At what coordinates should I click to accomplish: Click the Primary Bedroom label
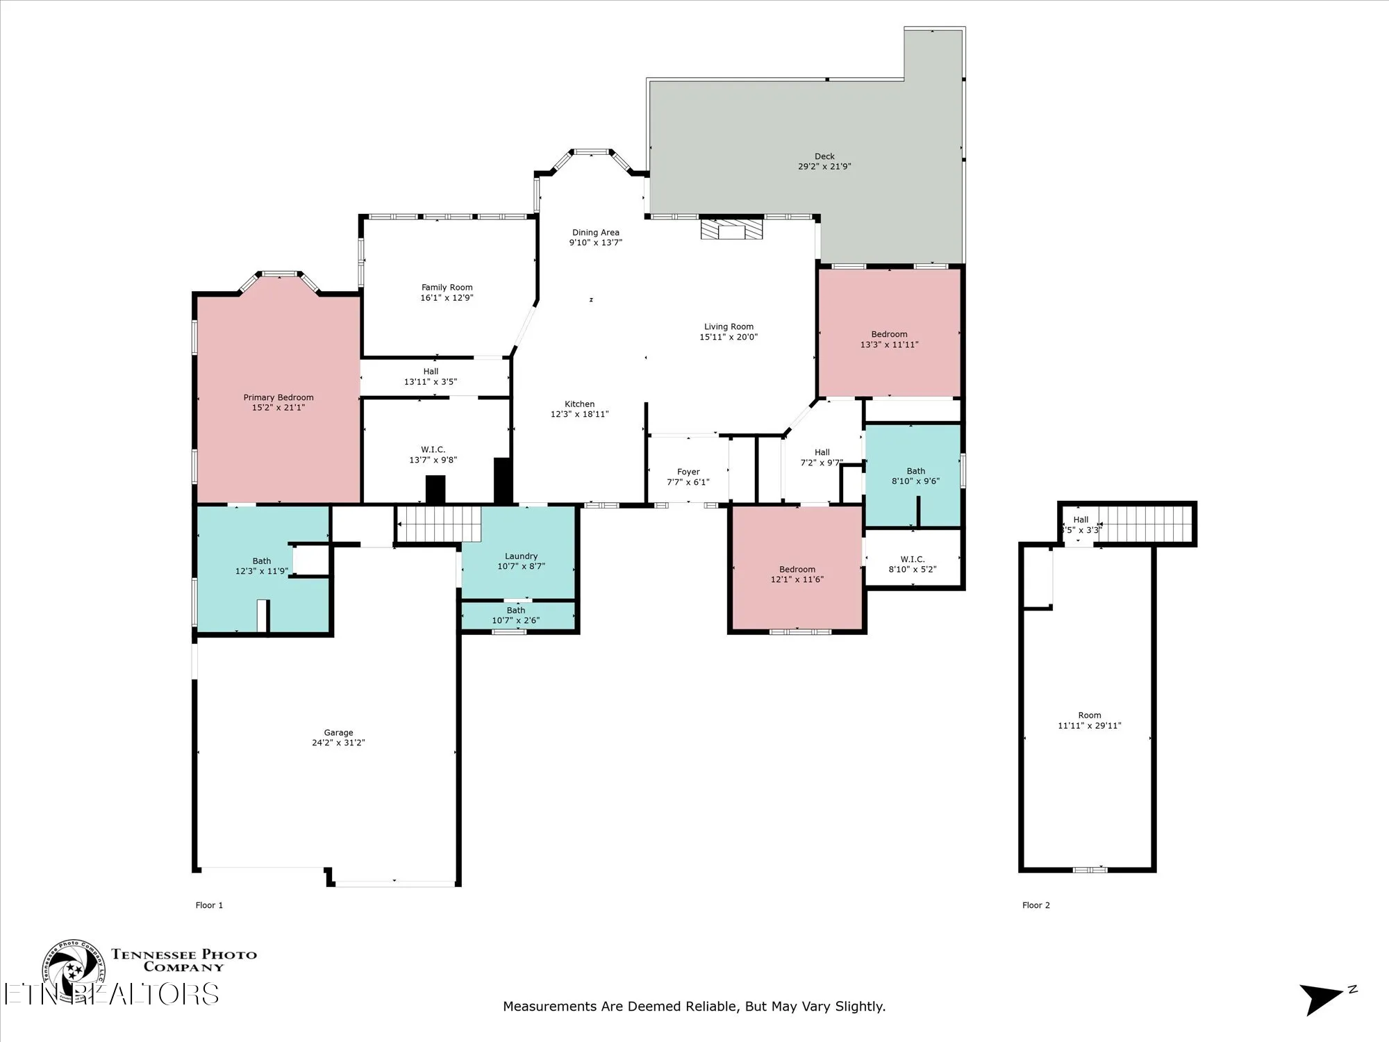[278, 397]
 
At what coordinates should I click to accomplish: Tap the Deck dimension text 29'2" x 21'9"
[824, 167]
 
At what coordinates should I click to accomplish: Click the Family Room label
[447, 287]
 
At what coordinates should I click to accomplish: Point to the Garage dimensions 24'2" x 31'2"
[338, 743]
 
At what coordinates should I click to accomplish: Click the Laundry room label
[521, 556]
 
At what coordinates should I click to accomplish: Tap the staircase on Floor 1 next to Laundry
[438, 524]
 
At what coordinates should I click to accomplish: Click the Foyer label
[688, 472]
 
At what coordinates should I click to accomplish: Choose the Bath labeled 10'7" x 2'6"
[515, 611]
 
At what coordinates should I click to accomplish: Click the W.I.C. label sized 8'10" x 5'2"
[912, 559]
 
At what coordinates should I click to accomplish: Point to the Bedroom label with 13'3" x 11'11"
[889, 334]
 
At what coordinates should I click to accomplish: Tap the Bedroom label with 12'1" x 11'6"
[797, 569]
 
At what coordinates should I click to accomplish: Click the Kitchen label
[579, 404]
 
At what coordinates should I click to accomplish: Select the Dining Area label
[595, 233]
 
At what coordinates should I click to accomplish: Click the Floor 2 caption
[1035, 905]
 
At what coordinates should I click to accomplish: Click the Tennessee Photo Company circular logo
[73, 970]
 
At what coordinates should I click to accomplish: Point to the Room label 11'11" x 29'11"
[1089, 715]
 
